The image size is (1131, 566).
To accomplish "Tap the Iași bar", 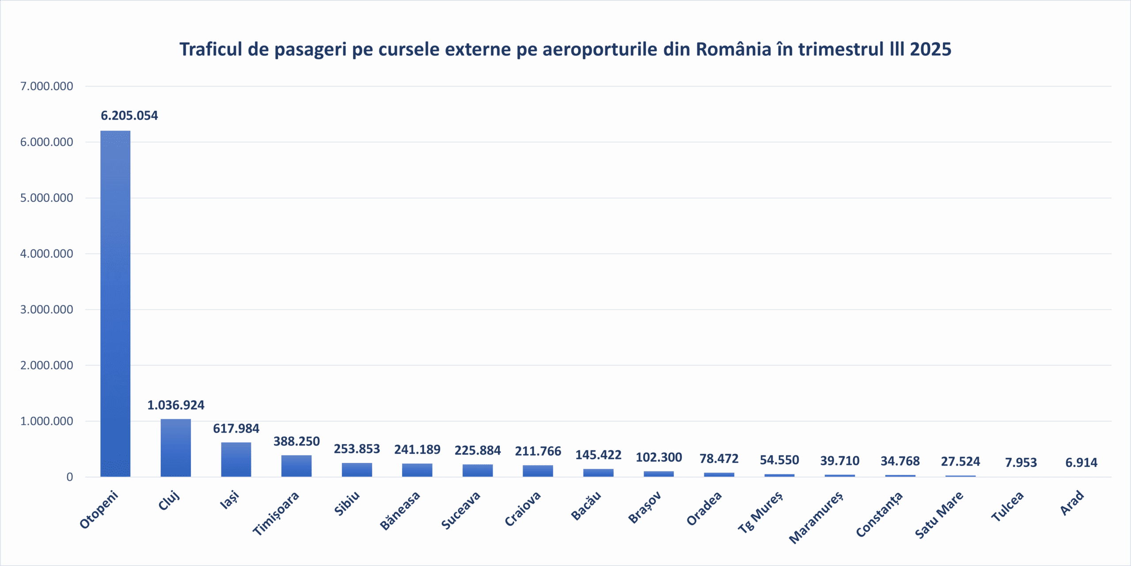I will [236, 460].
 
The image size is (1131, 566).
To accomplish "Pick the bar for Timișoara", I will [296, 466].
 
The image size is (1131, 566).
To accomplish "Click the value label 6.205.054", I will [129, 116].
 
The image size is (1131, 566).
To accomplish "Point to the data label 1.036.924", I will [175, 405].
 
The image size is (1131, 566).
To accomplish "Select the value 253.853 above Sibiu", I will [357, 449].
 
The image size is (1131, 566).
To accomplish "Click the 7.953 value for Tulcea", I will [1021, 463].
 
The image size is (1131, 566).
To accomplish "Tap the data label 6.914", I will [1081, 463].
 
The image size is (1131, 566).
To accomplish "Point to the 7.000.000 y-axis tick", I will [47, 86].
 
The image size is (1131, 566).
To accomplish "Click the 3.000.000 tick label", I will [47, 310].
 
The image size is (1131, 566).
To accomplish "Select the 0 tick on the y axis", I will [69, 477].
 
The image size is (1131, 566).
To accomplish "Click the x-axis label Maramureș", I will [816, 517].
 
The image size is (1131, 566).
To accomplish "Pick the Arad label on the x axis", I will [1072, 503].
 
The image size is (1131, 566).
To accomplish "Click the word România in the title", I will [733, 49].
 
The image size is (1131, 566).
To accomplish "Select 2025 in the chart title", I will [930, 49].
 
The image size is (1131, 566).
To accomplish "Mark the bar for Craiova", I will [538, 471].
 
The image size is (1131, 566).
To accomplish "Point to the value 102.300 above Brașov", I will [658, 457].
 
